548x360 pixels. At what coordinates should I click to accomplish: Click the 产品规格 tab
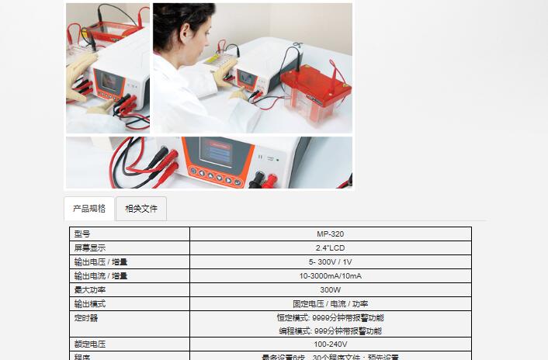point(89,209)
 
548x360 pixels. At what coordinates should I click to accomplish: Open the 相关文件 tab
point(141,209)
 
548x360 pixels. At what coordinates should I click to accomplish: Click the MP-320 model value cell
point(330,234)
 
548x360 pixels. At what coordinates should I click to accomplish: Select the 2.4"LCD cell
point(330,247)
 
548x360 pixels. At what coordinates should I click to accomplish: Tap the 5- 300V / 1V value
point(330,261)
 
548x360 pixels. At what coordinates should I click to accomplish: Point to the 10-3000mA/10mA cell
point(330,275)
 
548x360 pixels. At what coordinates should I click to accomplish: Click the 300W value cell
point(330,289)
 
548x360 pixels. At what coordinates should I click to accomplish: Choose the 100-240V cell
point(330,344)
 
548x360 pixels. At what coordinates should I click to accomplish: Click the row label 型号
point(82,234)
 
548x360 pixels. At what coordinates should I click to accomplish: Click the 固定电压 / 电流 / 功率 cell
point(330,303)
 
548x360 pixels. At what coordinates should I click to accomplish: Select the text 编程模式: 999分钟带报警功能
point(330,331)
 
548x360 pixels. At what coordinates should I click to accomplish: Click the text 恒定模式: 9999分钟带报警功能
point(330,317)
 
